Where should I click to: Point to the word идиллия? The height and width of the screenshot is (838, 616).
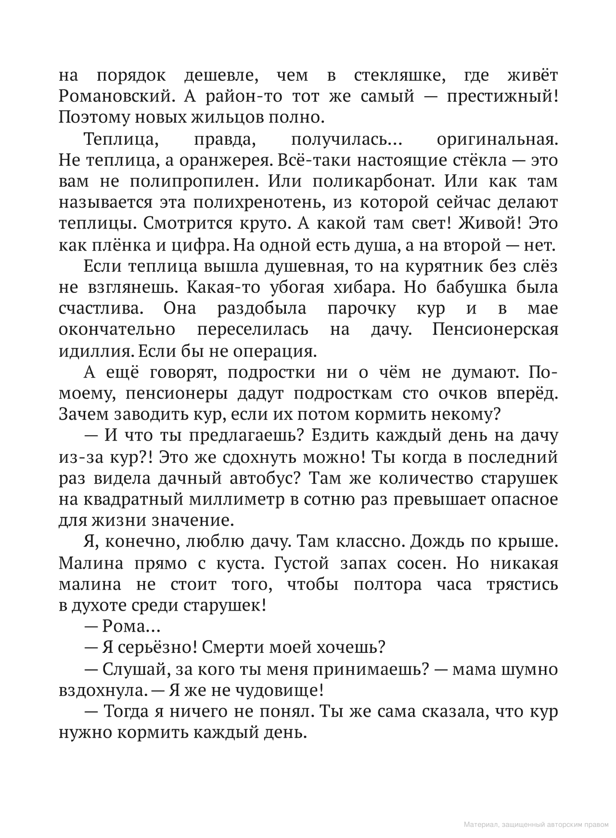(96, 351)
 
